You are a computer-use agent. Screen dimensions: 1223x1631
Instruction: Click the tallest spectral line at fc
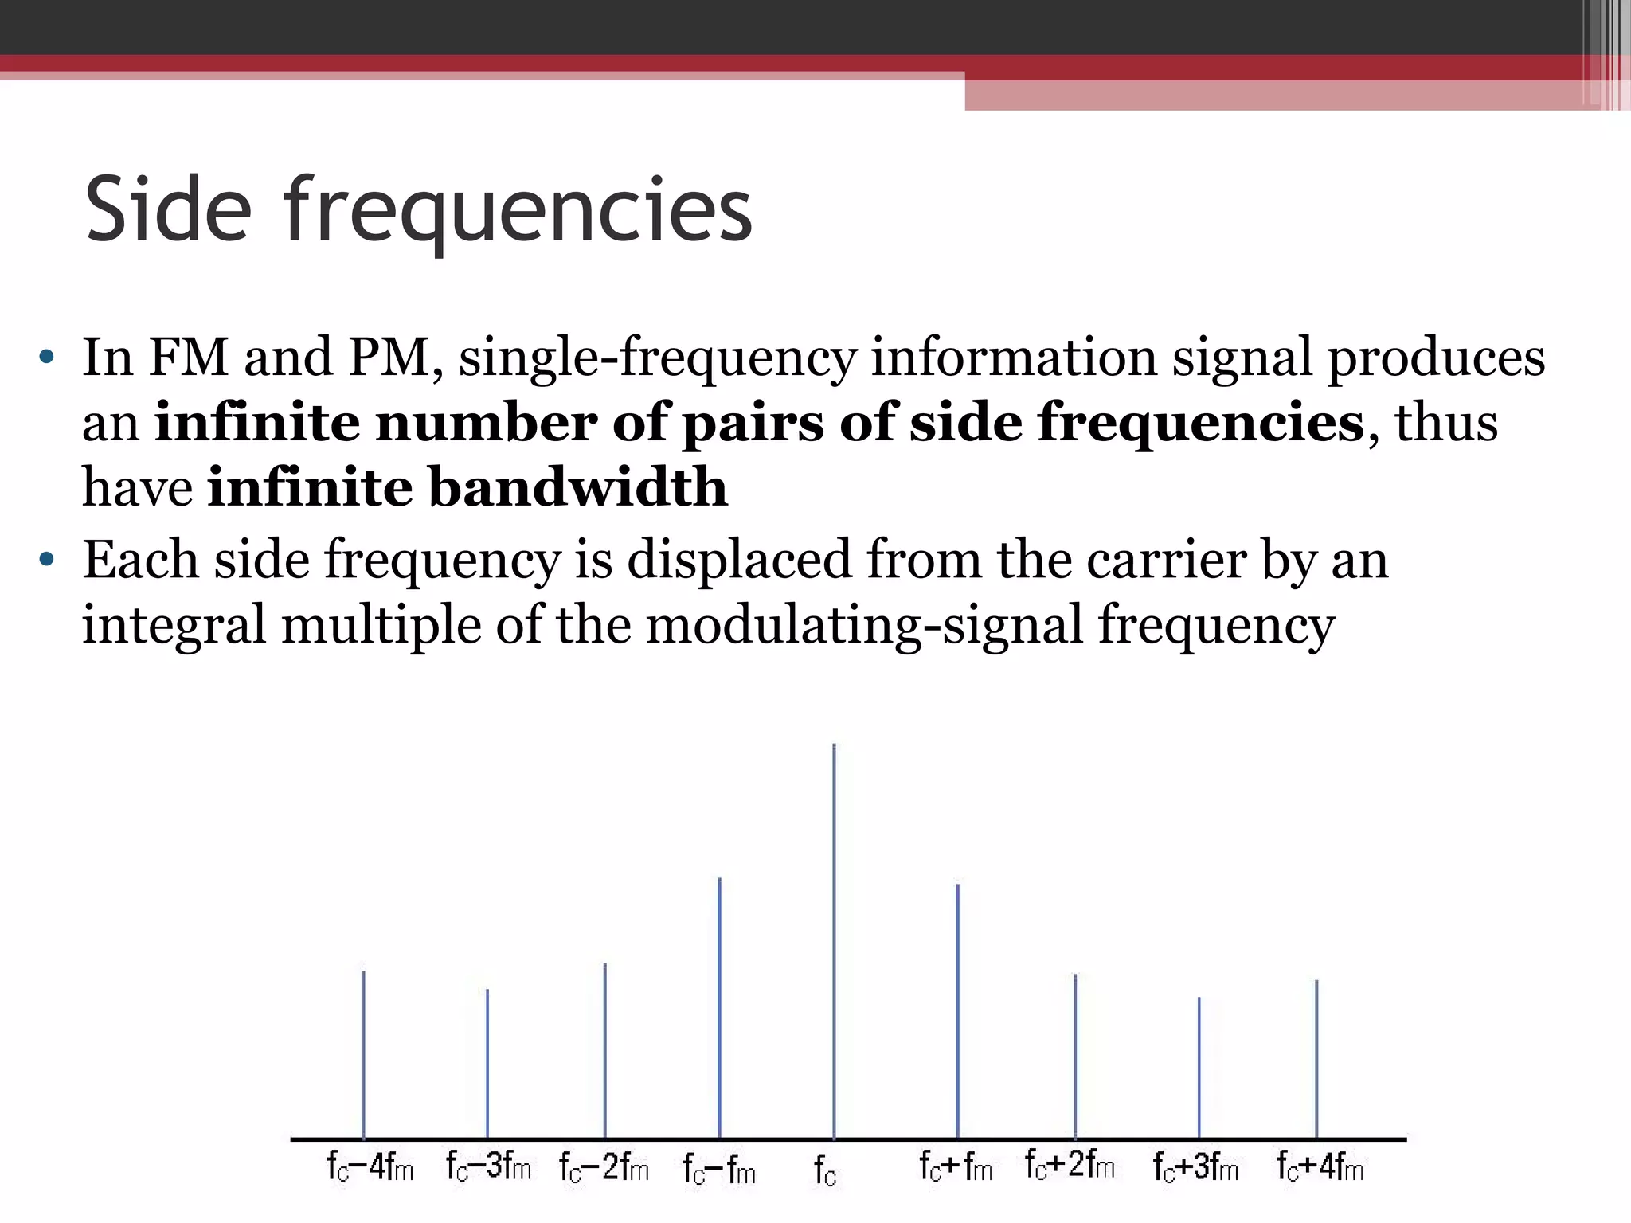point(834,940)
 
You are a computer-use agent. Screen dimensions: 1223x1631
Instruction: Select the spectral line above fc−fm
point(719,1007)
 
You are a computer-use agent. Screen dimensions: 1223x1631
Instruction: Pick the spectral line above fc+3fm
point(1199,1067)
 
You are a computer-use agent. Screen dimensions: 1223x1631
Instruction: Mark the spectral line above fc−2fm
point(604,1050)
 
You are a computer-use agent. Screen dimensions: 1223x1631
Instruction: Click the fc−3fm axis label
point(488,1167)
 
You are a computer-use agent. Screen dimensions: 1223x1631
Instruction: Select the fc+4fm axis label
point(1320,1167)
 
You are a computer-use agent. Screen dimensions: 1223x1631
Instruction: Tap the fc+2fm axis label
point(1070,1166)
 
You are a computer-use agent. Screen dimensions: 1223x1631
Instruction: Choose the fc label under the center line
point(825,1170)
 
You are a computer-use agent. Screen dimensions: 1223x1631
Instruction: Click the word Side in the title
point(168,210)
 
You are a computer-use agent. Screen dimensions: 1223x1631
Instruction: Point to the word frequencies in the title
point(518,212)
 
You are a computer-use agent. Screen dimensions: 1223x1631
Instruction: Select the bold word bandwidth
point(578,487)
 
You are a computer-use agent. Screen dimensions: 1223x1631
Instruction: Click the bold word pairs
point(753,424)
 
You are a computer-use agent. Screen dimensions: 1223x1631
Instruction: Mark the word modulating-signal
point(864,626)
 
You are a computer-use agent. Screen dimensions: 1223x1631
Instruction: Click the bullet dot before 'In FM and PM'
point(46,357)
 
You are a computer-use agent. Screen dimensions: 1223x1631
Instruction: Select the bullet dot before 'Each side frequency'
point(46,559)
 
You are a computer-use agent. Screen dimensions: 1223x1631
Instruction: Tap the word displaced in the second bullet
point(739,560)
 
